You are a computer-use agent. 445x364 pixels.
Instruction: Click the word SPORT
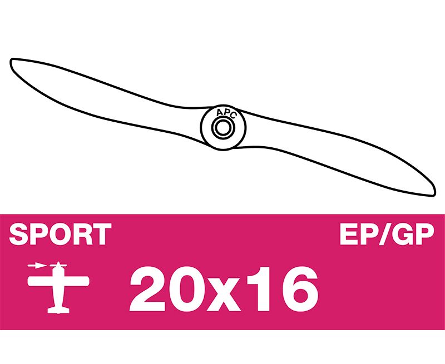point(60,234)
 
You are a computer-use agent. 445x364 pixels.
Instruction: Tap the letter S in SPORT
point(19,234)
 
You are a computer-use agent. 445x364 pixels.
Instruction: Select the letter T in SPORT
point(101,234)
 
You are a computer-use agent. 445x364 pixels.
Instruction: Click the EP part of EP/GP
point(360,234)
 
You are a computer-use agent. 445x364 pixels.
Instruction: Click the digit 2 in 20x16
point(148,288)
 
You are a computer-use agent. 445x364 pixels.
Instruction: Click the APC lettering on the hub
point(226,113)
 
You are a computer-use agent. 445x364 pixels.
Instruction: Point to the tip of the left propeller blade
point(11,61)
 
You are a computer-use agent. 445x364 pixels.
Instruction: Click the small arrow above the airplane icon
point(37,266)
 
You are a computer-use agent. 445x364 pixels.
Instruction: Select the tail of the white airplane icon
point(58,310)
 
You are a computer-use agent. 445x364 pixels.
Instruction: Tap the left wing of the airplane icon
point(40,281)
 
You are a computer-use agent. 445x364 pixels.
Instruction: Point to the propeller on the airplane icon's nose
point(58,266)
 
